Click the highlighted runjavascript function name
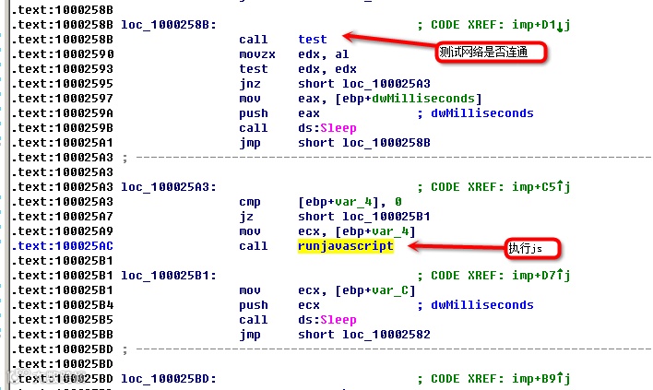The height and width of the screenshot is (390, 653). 345,246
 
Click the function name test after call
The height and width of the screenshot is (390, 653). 313,40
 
